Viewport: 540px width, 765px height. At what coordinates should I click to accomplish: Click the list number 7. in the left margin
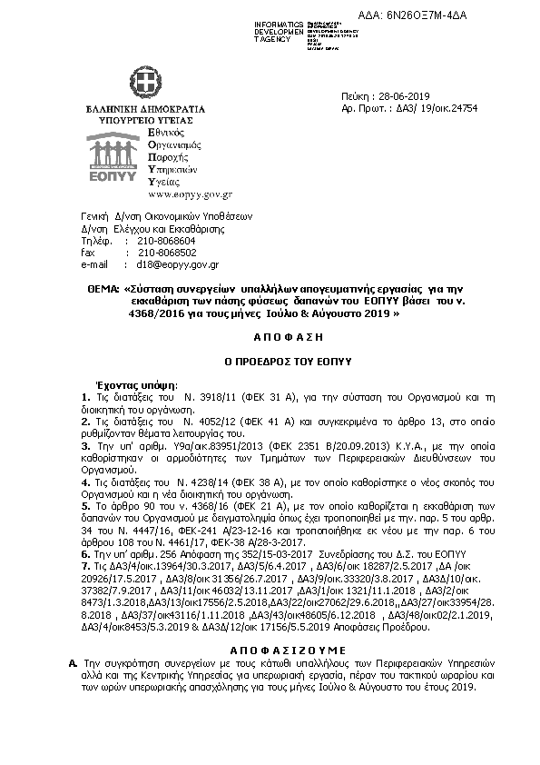click(x=84, y=564)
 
